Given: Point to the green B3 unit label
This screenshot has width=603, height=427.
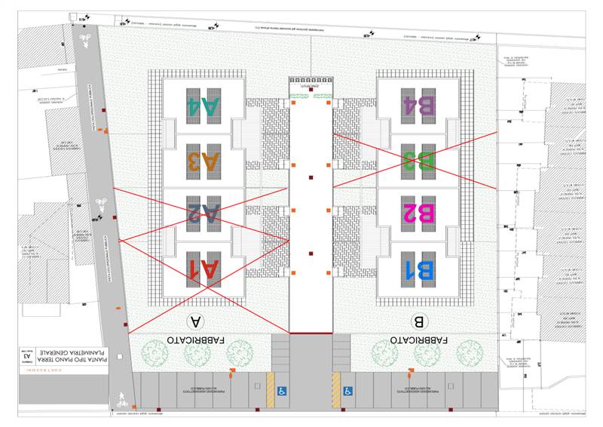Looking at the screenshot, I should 418,160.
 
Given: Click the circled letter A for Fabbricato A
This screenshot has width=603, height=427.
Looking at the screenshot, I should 197,321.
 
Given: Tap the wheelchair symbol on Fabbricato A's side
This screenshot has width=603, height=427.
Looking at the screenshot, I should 282,391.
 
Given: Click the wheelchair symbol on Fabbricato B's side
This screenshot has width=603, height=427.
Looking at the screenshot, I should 348,391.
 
